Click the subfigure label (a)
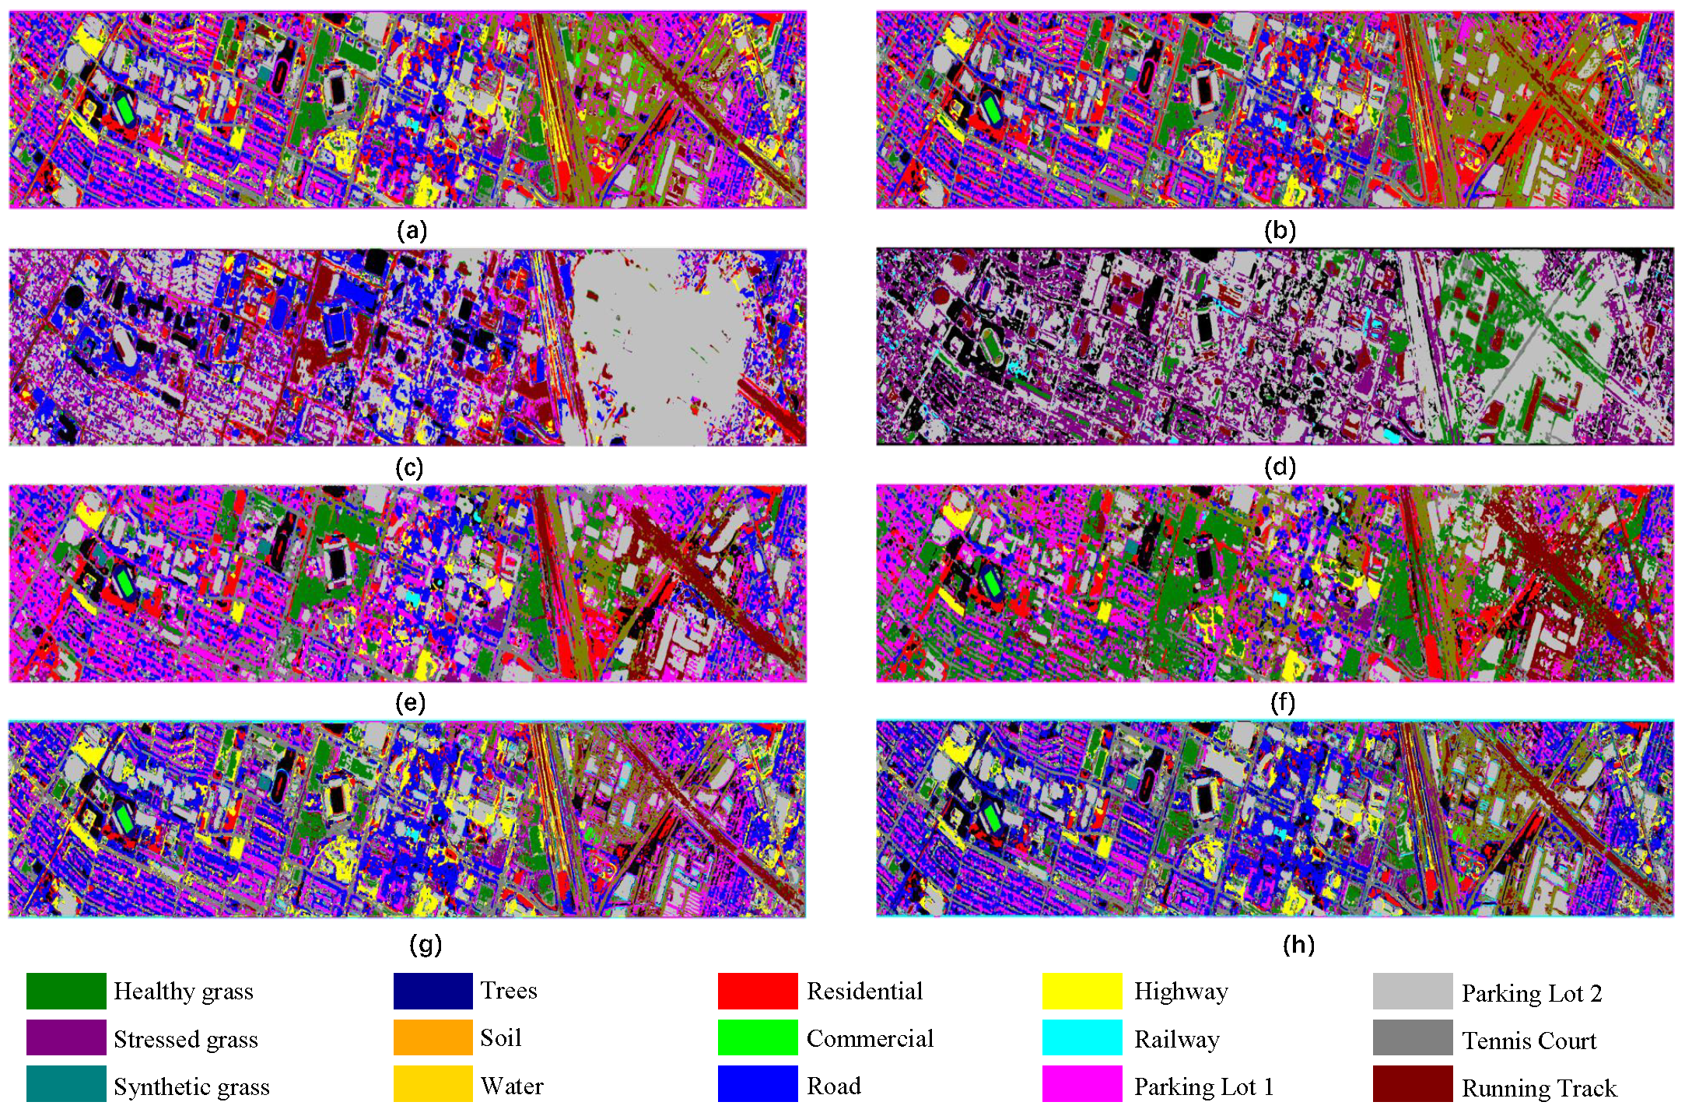pos(412,230)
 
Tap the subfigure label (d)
pos(1280,467)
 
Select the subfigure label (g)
pos(425,944)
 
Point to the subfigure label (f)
pos(1281,702)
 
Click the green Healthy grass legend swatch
pos(66,991)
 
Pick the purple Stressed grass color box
pos(66,1037)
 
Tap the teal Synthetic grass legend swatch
pos(66,1084)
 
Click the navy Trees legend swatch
pos(433,991)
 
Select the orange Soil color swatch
pos(433,1037)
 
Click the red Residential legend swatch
pos(757,991)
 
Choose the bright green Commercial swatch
pos(757,1037)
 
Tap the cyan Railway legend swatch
pos(1081,1037)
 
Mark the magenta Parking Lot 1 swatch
pos(1081,1084)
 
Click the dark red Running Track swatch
pos(1412,1084)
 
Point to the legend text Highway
pos(1180,992)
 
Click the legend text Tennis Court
pos(1528,1041)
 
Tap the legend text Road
pos(833,1086)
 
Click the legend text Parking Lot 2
pos(1531,993)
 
